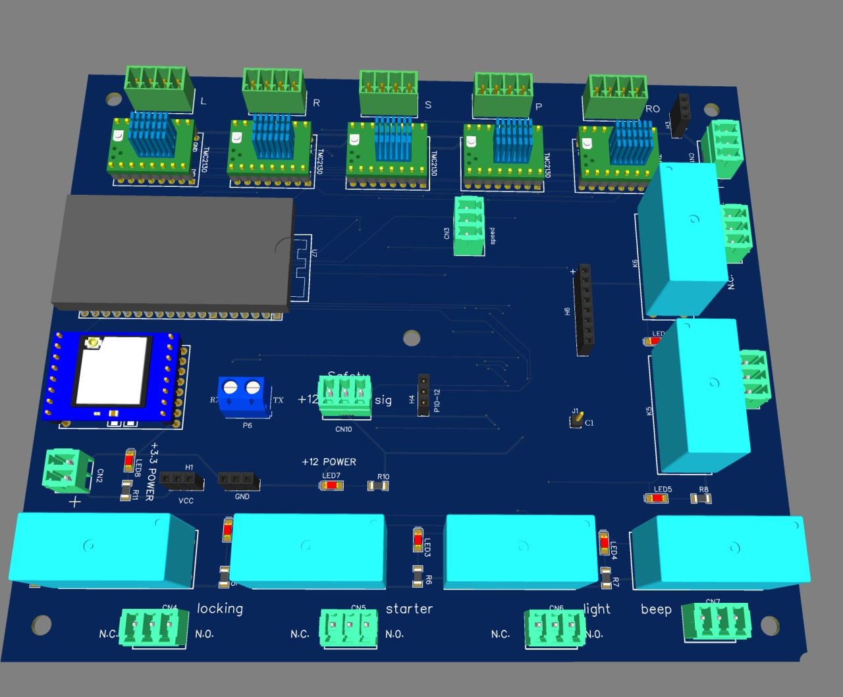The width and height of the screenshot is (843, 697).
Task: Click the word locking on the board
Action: (220, 609)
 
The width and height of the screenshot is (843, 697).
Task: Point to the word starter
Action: (409, 609)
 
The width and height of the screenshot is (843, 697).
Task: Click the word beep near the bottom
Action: (656, 609)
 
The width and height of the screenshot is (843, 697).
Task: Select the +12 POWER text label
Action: (329, 462)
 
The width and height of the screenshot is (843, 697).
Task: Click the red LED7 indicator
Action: (331, 486)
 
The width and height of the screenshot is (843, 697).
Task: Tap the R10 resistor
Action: (377, 486)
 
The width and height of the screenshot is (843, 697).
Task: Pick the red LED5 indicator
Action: (657, 498)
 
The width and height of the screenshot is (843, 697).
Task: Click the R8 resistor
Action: (701, 498)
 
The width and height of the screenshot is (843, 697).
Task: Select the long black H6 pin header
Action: (584, 309)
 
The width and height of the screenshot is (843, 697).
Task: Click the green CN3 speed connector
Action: (469, 226)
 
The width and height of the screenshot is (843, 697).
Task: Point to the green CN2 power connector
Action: (67, 470)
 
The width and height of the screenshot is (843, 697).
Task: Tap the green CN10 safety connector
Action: (344, 397)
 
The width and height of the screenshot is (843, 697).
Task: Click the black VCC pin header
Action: (181, 481)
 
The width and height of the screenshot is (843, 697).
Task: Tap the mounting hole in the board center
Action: (412, 338)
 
